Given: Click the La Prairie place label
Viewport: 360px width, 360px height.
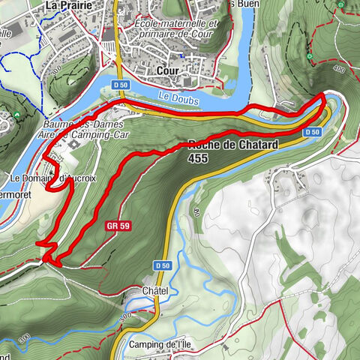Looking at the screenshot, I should pyautogui.click(x=69, y=5).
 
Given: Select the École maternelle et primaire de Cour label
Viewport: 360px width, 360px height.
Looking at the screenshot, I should pyautogui.click(x=173, y=28).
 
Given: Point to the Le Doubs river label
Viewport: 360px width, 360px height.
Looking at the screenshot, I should pyautogui.click(x=175, y=96).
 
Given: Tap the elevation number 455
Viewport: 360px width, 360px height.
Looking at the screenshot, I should pyautogui.click(x=199, y=158).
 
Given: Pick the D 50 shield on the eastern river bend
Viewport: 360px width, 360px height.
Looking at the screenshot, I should pyautogui.click(x=313, y=133).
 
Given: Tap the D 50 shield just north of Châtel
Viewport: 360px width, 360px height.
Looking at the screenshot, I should pyautogui.click(x=163, y=265).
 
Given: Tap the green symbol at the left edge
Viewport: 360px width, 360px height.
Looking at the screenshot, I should pyautogui.click(x=17, y=114).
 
